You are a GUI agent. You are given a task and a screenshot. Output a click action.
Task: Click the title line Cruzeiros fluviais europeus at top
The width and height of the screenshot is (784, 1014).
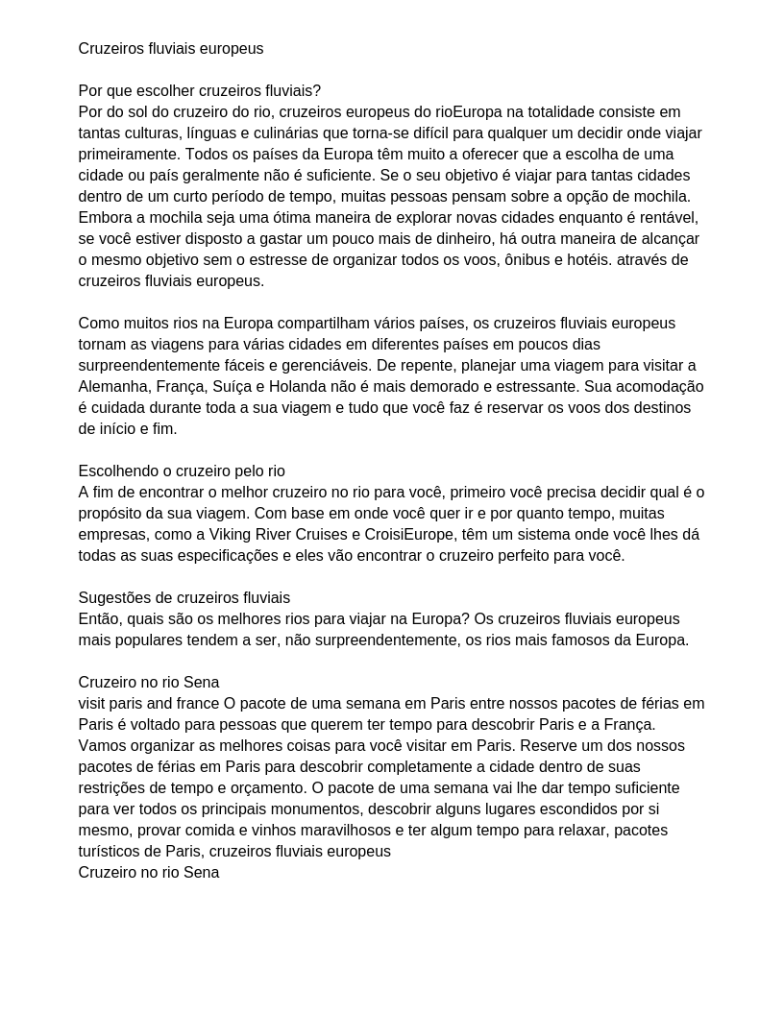point(171,49)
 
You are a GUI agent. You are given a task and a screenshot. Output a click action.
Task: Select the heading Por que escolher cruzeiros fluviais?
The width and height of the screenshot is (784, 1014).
point(200,91)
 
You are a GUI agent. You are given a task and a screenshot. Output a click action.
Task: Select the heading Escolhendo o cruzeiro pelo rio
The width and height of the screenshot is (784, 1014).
point(182,471)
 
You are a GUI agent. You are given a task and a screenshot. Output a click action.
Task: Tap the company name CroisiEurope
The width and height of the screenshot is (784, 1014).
point(414,535)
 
